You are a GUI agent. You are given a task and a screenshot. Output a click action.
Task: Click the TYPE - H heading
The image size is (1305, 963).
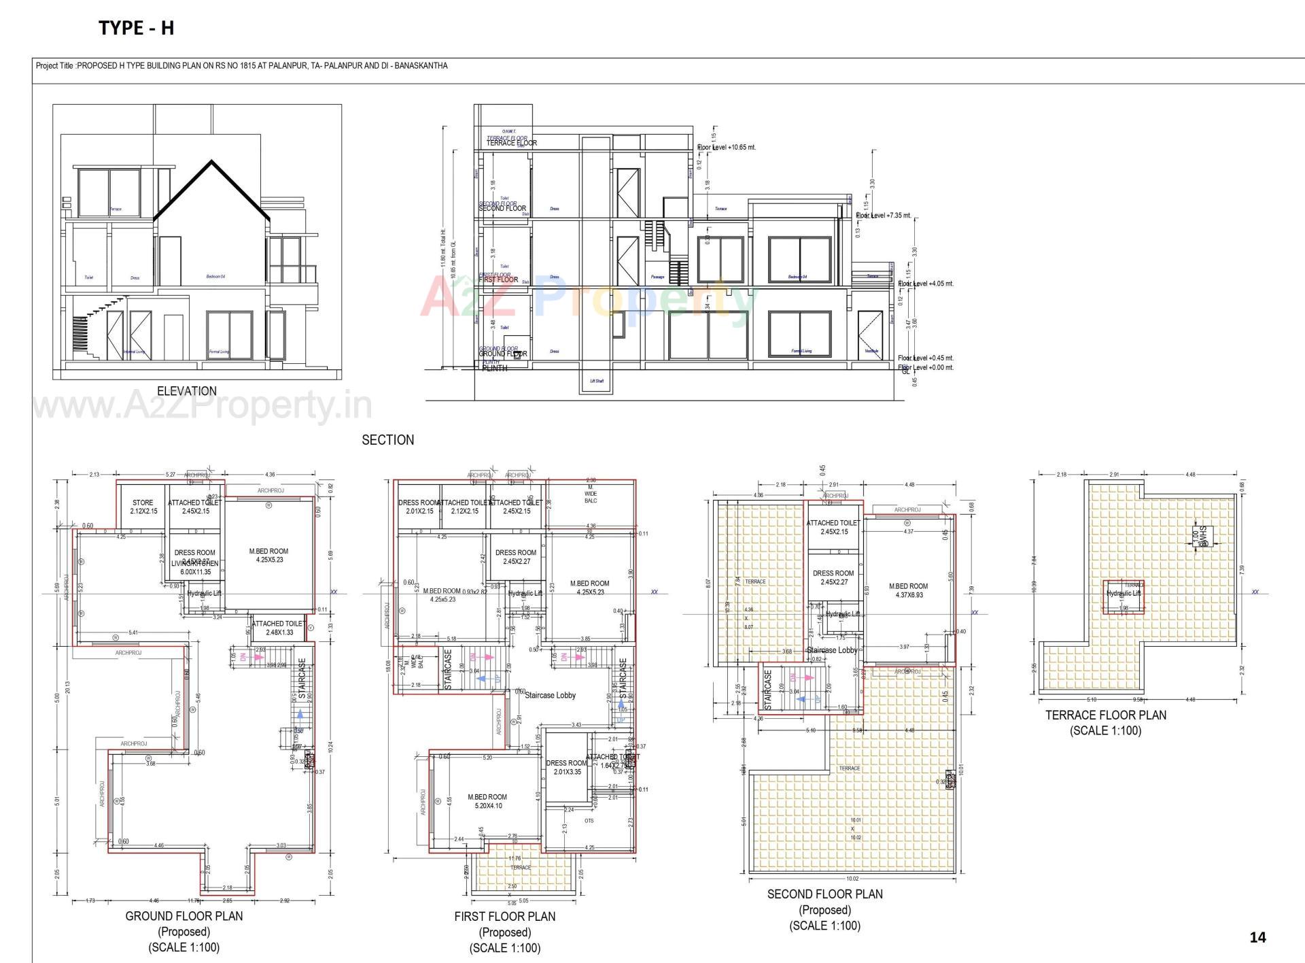pos(137,28)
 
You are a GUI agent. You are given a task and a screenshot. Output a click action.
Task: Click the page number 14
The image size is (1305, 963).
pos(1257,937)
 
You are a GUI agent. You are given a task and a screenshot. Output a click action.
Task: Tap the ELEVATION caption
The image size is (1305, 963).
pos(187,391)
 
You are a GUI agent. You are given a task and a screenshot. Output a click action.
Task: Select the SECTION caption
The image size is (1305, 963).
pos(387,440)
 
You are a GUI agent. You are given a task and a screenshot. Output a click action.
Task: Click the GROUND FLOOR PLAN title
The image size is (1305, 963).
pos(184,916)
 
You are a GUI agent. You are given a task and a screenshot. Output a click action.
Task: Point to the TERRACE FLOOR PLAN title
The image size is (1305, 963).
pos(1105,715)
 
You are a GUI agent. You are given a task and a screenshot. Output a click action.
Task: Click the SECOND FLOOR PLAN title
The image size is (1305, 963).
pos(824,894)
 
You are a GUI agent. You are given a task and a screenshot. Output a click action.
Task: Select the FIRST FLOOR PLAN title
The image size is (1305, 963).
pos(504,917)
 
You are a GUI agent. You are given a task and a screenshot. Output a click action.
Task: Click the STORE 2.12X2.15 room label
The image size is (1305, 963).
pos(143,507)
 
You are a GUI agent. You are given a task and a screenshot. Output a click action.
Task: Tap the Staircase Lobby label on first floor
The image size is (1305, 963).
pos(550,695)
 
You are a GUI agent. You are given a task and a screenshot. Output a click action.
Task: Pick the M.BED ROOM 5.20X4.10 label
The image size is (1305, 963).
pos(487,801)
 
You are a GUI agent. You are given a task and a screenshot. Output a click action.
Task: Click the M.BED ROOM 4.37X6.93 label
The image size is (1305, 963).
pos(908,590)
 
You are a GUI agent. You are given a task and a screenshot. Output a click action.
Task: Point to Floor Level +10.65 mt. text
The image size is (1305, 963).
pos(727,147)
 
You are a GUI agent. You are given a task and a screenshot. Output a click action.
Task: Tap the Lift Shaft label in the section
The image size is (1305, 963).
pos(596,381)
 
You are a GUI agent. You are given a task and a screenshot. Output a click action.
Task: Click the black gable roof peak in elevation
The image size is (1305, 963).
pos(212,162)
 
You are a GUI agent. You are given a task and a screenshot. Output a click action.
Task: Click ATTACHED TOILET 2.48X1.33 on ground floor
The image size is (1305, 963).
pos(279,628)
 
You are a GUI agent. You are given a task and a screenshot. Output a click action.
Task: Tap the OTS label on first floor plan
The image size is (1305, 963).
pos(589,821)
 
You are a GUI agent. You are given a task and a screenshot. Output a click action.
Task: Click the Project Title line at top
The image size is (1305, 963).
pos(241,66)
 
